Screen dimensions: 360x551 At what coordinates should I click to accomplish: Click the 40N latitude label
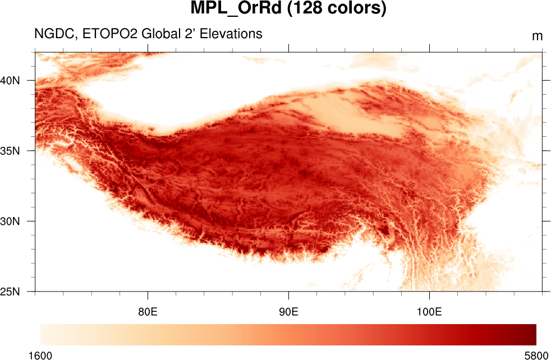[10, 80]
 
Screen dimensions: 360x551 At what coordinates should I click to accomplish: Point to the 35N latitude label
[10, 151]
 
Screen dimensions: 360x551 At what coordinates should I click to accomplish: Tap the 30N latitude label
[10, 221]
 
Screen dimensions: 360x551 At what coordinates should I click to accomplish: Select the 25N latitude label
[10, 292]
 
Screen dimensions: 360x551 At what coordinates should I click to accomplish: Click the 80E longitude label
[148, 311]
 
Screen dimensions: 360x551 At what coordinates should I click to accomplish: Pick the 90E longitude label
[288, 311]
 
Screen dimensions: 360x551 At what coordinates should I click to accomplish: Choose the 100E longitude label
[429, 311]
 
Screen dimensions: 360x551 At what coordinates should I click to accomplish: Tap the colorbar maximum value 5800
[536, 356]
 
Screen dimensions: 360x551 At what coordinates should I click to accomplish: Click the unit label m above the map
[537, 36]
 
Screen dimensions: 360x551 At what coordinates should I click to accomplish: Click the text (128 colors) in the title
[337, 10]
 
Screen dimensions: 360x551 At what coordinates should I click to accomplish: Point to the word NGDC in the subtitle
[54, 34]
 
